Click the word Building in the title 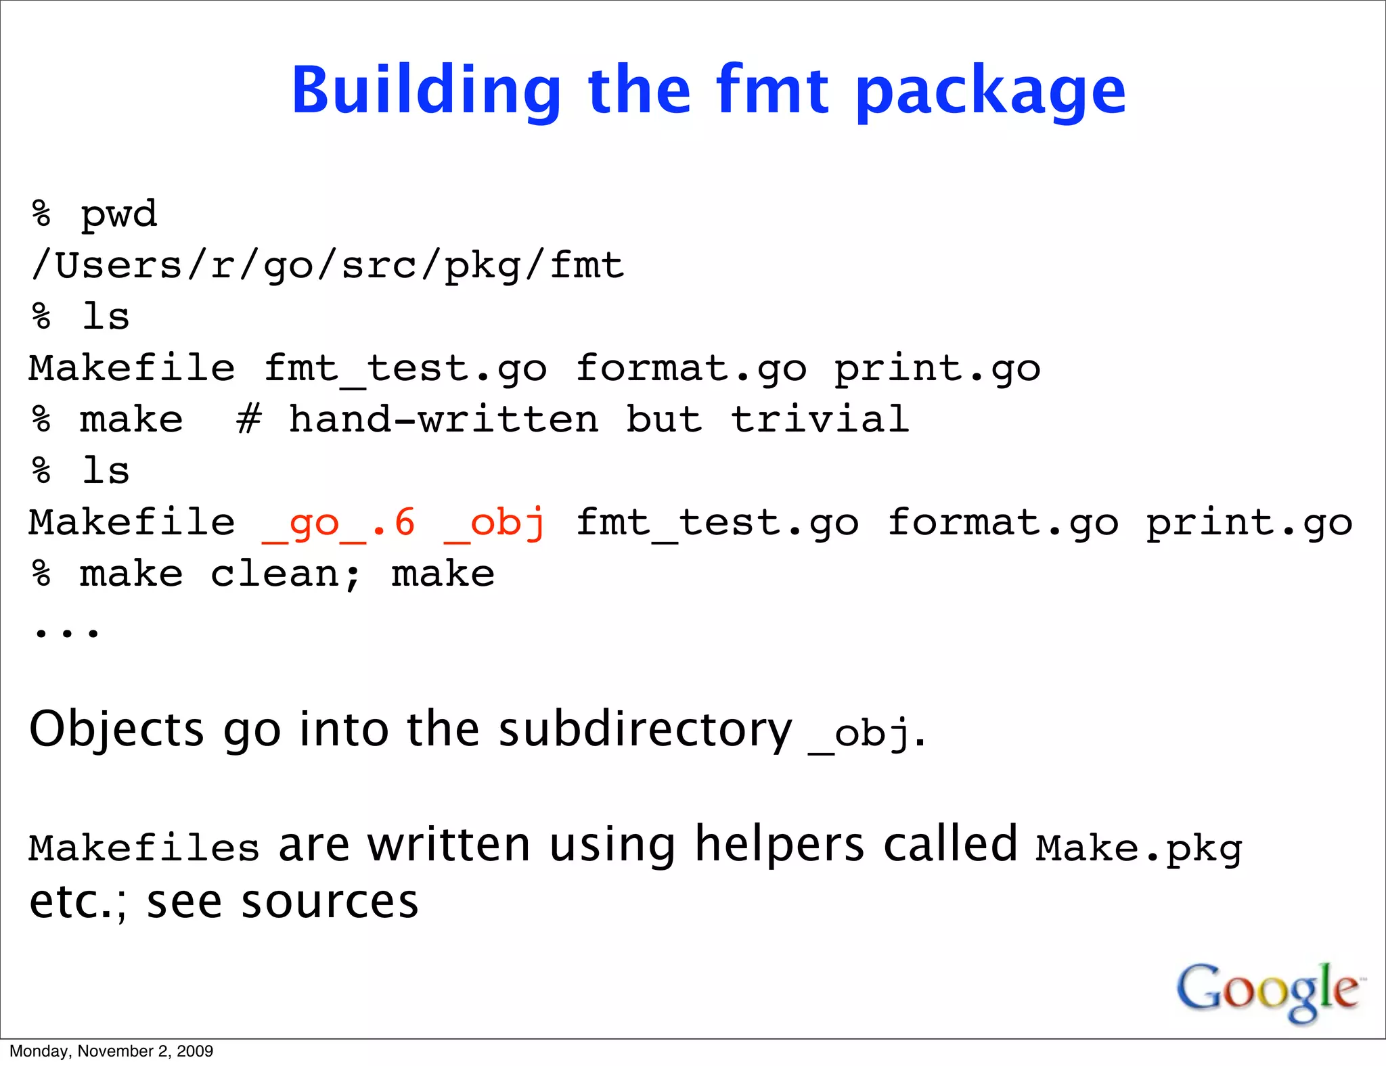coord(426,91)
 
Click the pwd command coord(119,215)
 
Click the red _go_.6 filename coord(338,524)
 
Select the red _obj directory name coord(495,524)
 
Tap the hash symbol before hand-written coord(249,419)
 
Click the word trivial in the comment coord(820,419)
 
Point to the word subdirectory coord(645,730)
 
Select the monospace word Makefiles coord(144,848)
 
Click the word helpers coord(780,845)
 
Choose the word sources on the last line coord(330,902)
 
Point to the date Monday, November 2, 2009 coord(112,1051)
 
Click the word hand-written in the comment coord(444,419)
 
